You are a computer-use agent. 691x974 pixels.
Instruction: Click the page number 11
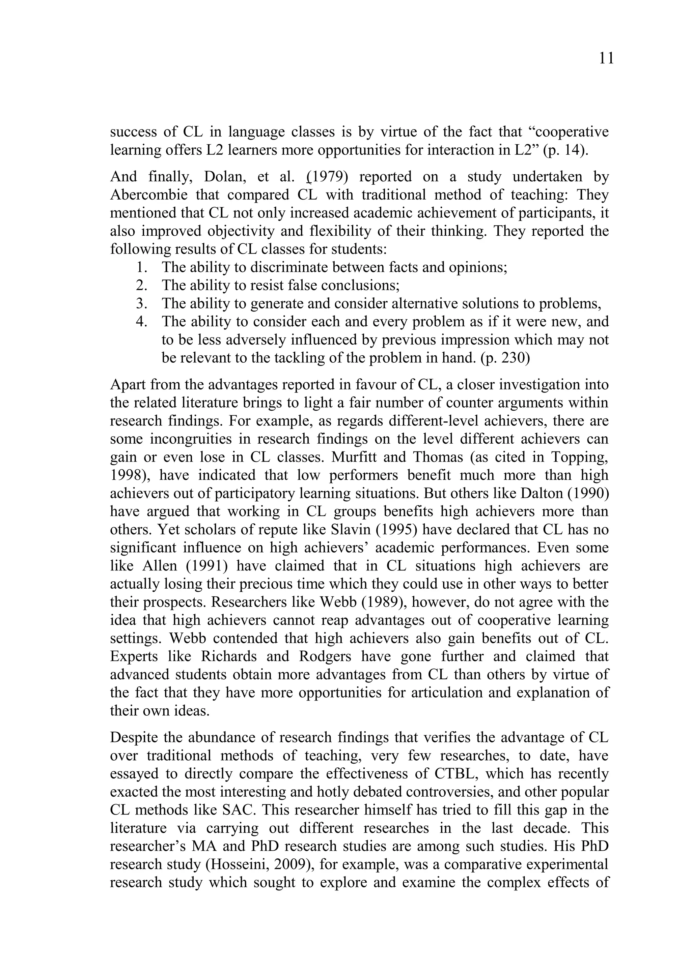pyautogui.click(x=606, y=59)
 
